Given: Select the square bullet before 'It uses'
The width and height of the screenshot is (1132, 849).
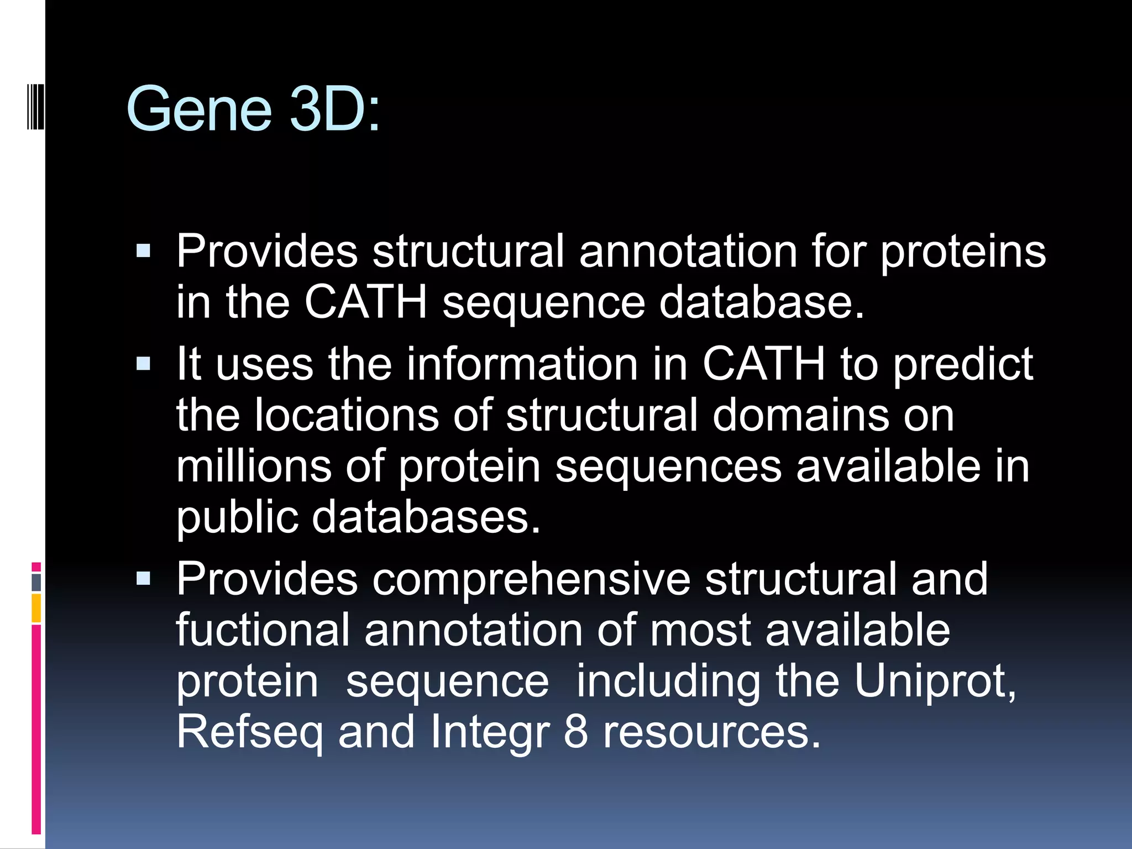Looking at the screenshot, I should (x=143, y=364).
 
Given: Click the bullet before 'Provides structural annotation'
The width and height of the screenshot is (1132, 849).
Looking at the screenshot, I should (x=143, y=251).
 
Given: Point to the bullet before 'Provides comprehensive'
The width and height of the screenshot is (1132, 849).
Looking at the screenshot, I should (x=143, y=579).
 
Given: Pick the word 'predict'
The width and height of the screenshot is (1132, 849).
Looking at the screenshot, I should (x=963, y=365).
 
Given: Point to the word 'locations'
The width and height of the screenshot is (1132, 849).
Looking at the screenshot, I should (x=346, y=415).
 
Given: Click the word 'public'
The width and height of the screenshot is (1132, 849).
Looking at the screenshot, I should (x=237, y=518).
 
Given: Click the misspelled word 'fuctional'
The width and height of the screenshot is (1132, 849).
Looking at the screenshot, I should (x=263, y=630).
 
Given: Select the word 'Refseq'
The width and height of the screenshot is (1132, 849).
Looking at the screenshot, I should (x=249, y=733).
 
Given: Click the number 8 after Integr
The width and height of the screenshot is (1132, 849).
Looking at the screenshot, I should (x=575, y=732).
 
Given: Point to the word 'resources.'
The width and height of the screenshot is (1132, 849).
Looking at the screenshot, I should (x=711, y=732).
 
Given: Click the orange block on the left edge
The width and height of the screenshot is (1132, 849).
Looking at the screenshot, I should (x=36, y=608).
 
